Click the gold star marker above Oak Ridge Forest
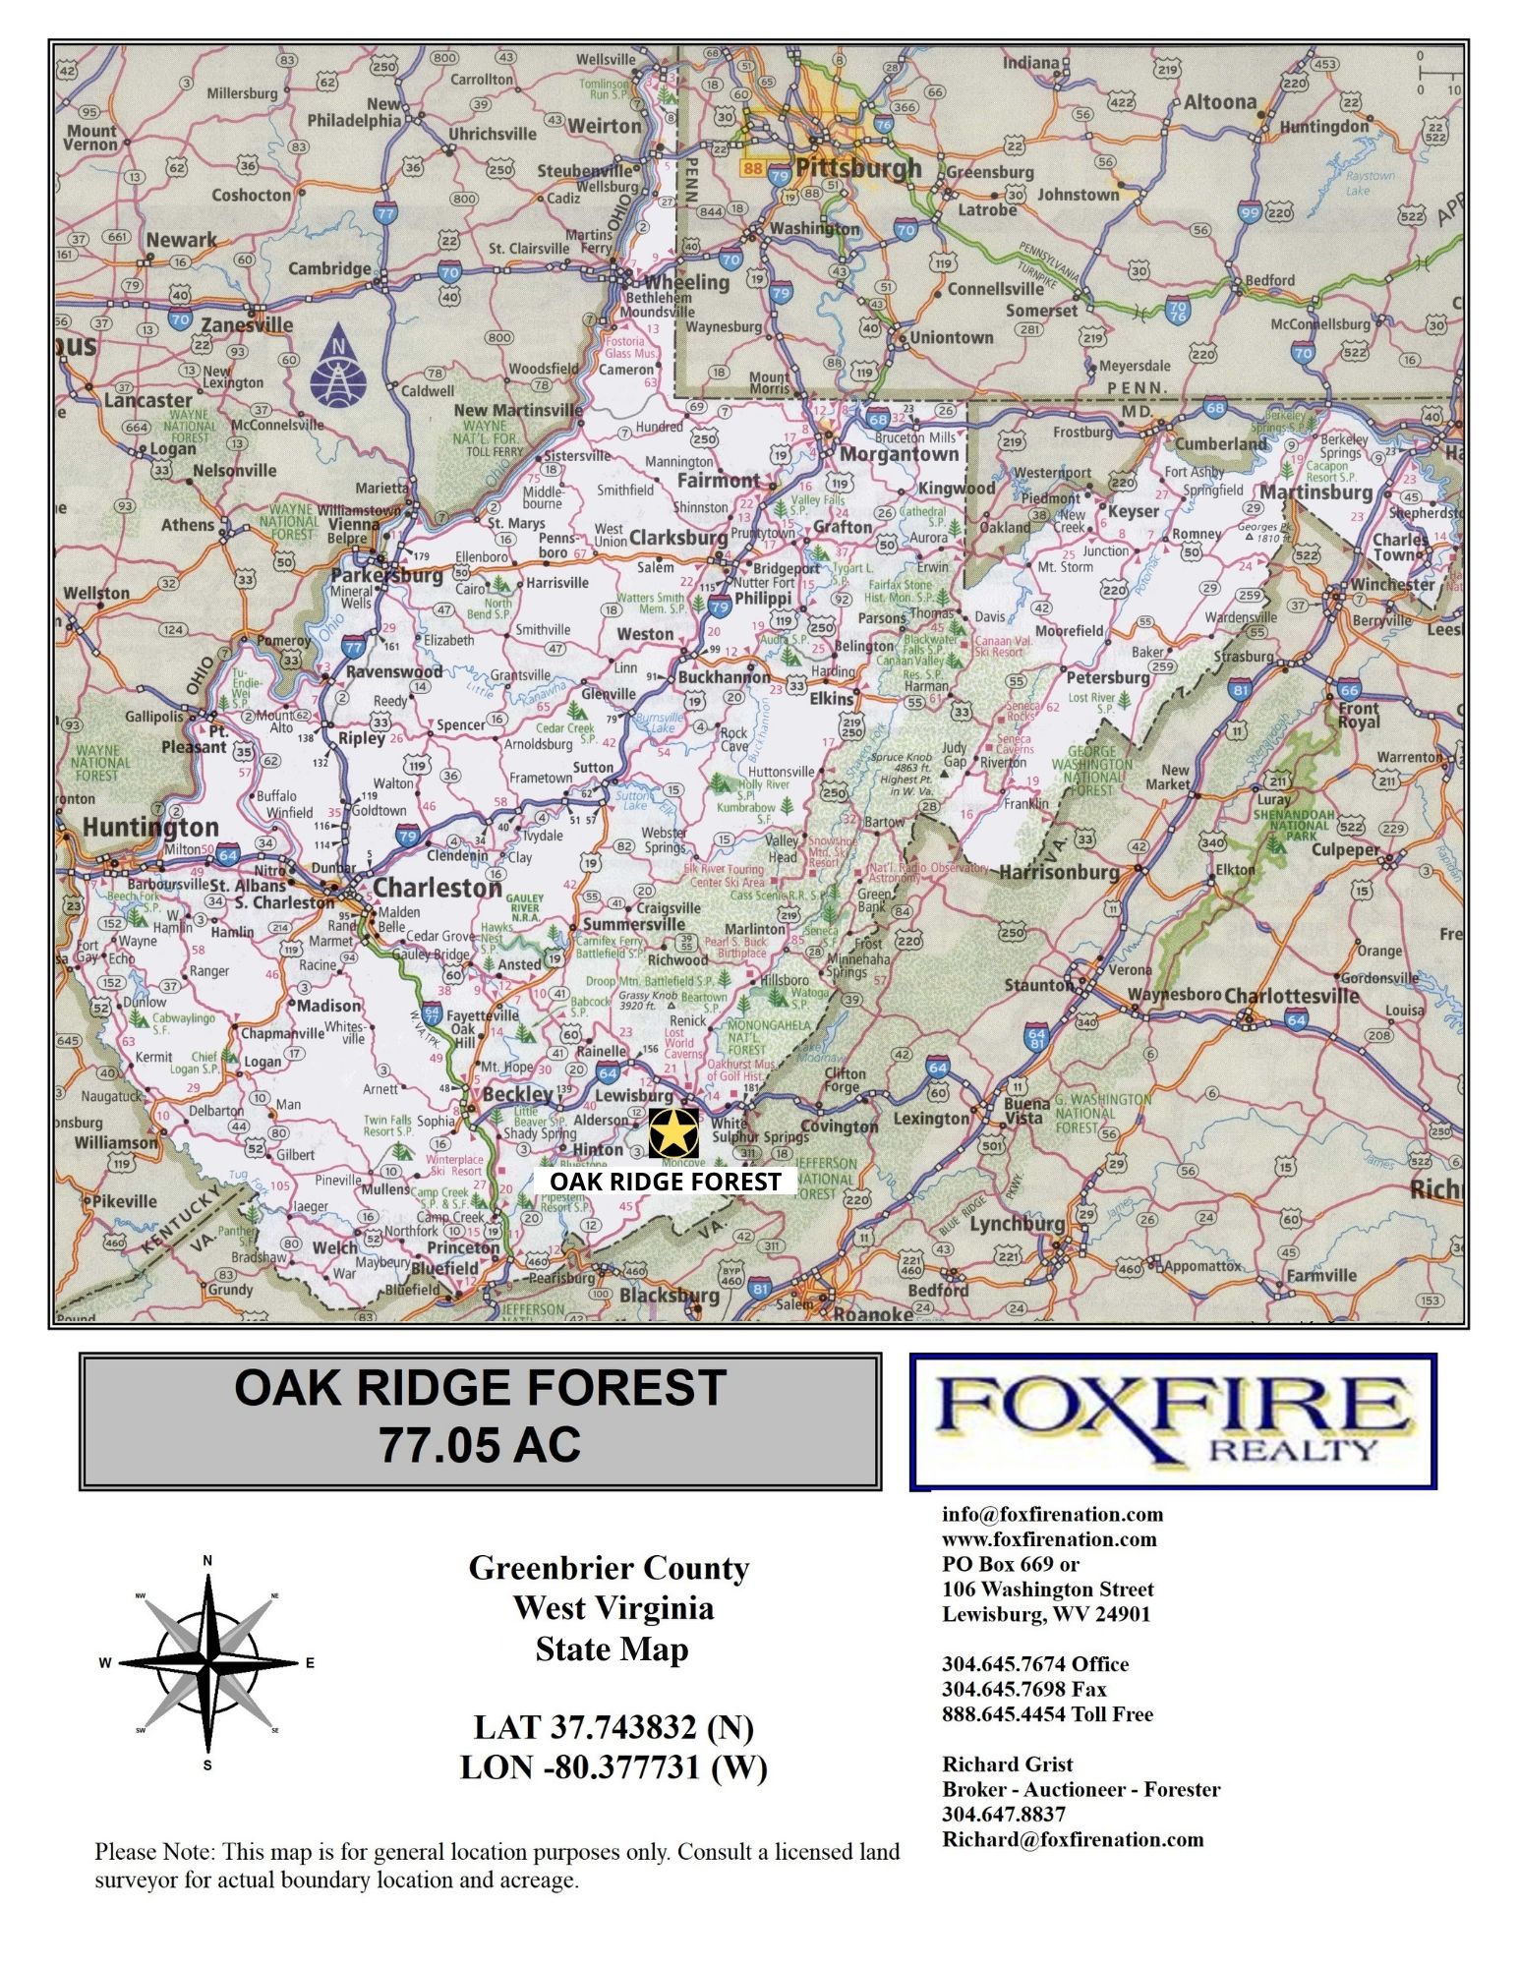(673, 1133)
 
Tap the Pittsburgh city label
(858, 168)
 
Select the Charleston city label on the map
(438, 888)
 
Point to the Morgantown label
(899, 454)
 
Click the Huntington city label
(149, 827)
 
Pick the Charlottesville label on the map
(1291, 996)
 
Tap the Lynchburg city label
(1017, 1224)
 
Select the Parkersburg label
(386, 575)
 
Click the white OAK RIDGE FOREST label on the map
(665, 1182)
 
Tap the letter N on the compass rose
(207, 1561)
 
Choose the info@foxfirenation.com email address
(1051, 1515)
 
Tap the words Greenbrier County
(609, 1568)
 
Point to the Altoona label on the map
(1219, 102)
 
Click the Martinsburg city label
(1315, 491)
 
